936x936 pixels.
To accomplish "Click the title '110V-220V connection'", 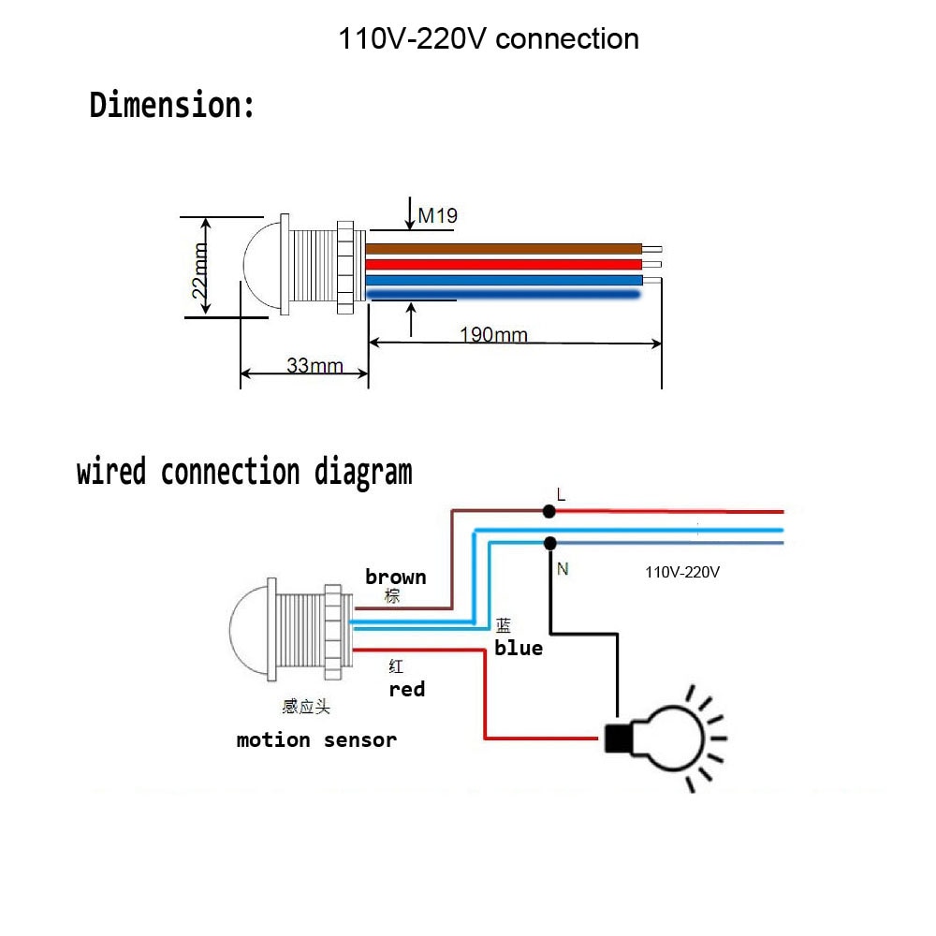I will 489,39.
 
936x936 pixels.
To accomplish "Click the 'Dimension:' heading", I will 172,105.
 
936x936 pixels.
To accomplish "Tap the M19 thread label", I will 437,216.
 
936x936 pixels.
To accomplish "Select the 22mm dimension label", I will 199,271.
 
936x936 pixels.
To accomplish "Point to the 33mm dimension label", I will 314,365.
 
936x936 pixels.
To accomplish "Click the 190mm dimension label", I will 493,334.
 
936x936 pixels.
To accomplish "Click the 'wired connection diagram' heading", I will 244,472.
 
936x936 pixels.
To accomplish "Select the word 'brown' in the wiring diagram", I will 395,577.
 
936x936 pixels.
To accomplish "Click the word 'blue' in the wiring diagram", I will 519,648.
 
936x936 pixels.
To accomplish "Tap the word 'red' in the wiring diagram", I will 406,689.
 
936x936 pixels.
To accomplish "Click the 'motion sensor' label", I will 316,740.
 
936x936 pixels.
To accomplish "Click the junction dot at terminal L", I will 549,511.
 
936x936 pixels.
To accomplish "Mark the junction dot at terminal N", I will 549,543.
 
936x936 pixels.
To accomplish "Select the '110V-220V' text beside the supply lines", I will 682,571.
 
